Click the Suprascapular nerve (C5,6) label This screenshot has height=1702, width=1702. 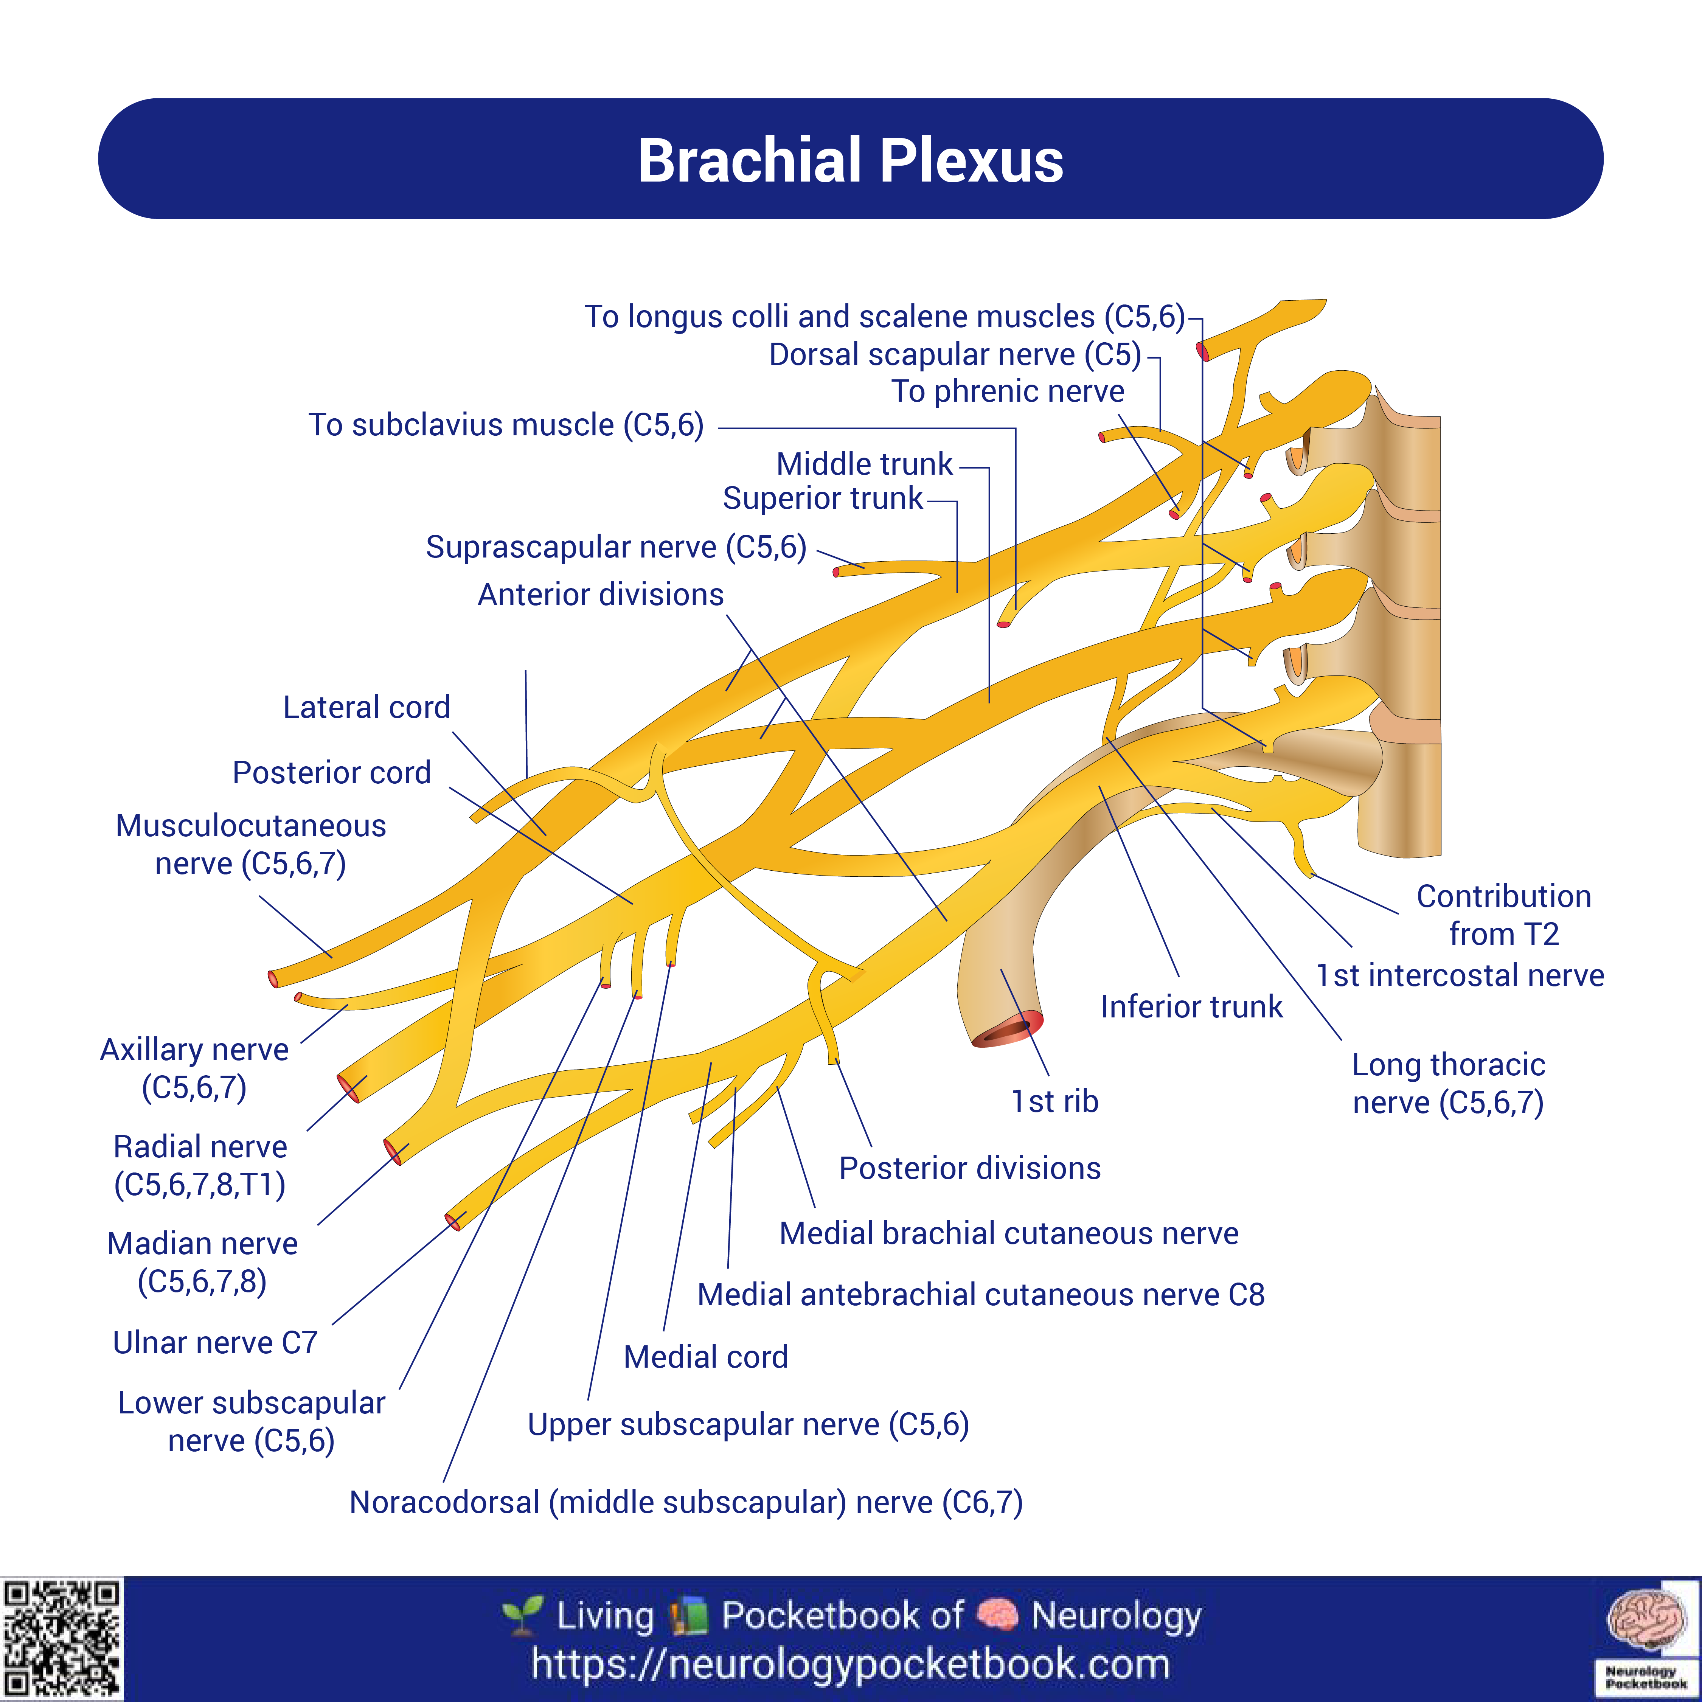616,547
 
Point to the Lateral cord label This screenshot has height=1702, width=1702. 366,707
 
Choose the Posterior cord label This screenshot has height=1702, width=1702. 331,773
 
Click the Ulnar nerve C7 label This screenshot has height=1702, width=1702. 215,1343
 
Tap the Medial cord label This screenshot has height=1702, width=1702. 706,1357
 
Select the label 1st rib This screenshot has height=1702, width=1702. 1054,1101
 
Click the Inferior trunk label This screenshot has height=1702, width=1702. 1191,1007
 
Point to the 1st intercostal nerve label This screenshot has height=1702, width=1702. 1460,975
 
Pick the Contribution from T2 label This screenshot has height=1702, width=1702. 1504,915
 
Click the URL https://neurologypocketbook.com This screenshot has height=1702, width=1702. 850,1665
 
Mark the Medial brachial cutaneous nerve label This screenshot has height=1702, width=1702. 1009,1233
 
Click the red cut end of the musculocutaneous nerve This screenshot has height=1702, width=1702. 273,979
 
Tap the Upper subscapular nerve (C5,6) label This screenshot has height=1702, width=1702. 748,1424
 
